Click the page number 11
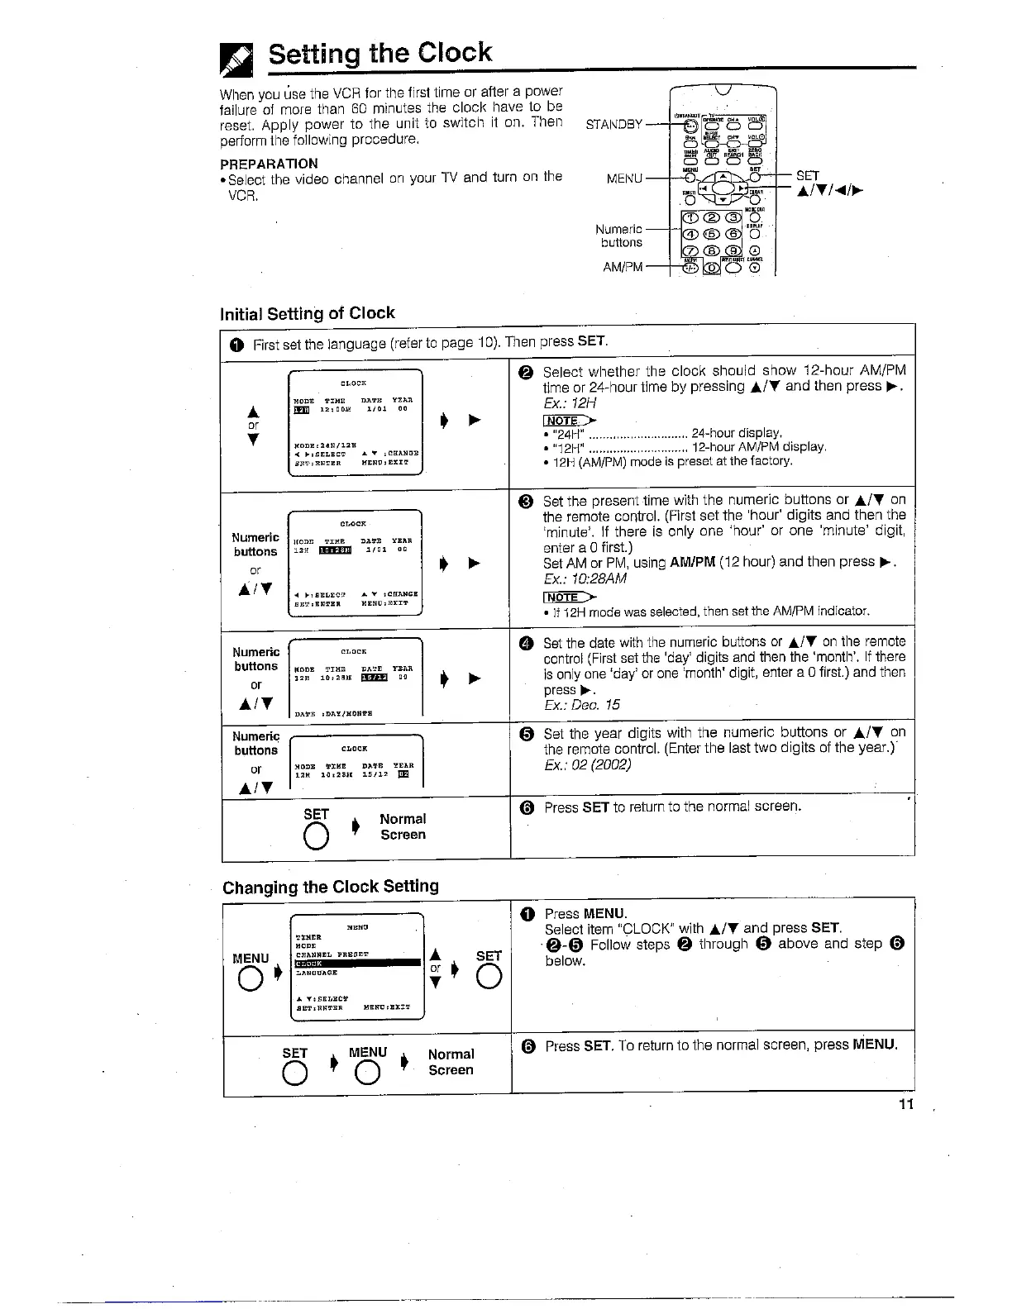coord(906,1105)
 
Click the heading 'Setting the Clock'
coord(379,53)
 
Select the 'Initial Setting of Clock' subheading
coord(307,313)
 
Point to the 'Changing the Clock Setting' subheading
coord(331,887)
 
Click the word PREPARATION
coord(269,163)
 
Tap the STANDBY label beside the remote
coord(613,125)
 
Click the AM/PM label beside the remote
coord(623,266)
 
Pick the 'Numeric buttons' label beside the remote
coord(620,236)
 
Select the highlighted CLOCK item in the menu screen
coord(357,963)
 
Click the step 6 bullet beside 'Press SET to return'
coord(526,807)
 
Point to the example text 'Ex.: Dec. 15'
coord(581,705)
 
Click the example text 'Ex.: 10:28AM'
coord(585,578)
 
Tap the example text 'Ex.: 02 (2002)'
coord(587,764)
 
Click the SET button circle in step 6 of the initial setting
coord(315,837)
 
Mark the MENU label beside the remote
coord(624,178)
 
